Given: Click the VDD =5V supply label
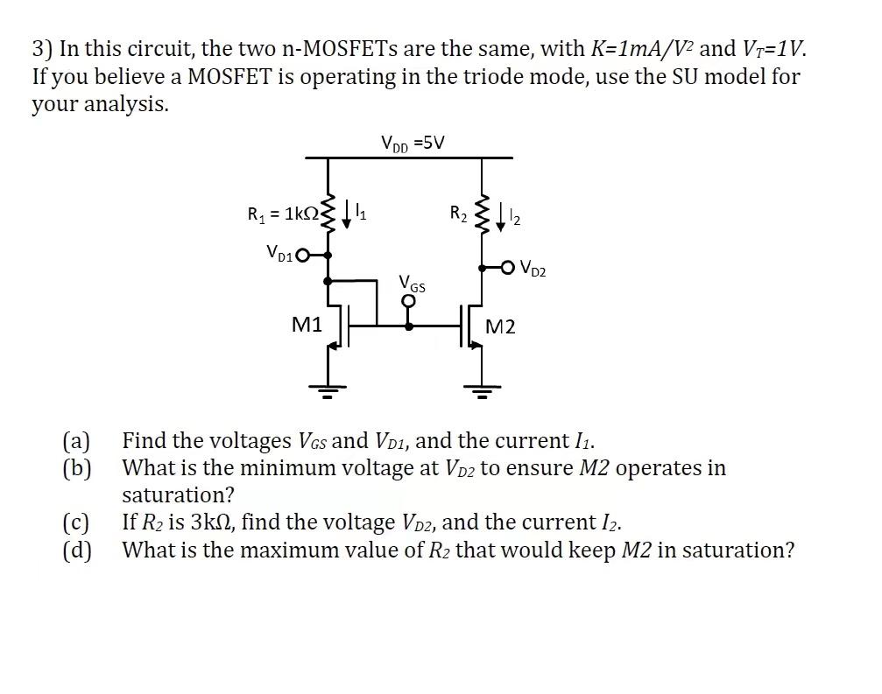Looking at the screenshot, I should click(x=413, y=142).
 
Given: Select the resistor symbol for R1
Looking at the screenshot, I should click(x=328, y=213).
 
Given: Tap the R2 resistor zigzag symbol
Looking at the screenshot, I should click(x=481, y=215).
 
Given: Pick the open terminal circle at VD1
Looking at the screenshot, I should click(x=303, y=256).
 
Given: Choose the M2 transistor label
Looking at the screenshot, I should click(x=500, y=327).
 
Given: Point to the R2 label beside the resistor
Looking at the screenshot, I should click(x=459, y=212).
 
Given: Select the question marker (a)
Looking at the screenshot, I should click(x=76, y=440).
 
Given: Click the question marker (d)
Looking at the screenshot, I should click(x=76, y=550).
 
